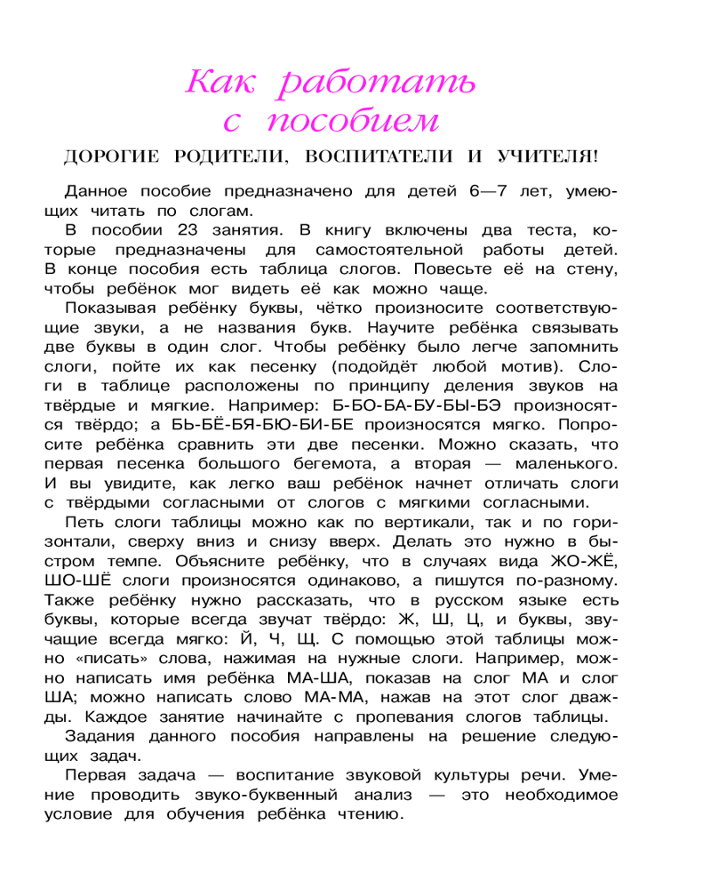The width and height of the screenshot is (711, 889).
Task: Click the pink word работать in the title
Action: point(378,84)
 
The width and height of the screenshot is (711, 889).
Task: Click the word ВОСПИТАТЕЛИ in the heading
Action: point(376,157)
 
